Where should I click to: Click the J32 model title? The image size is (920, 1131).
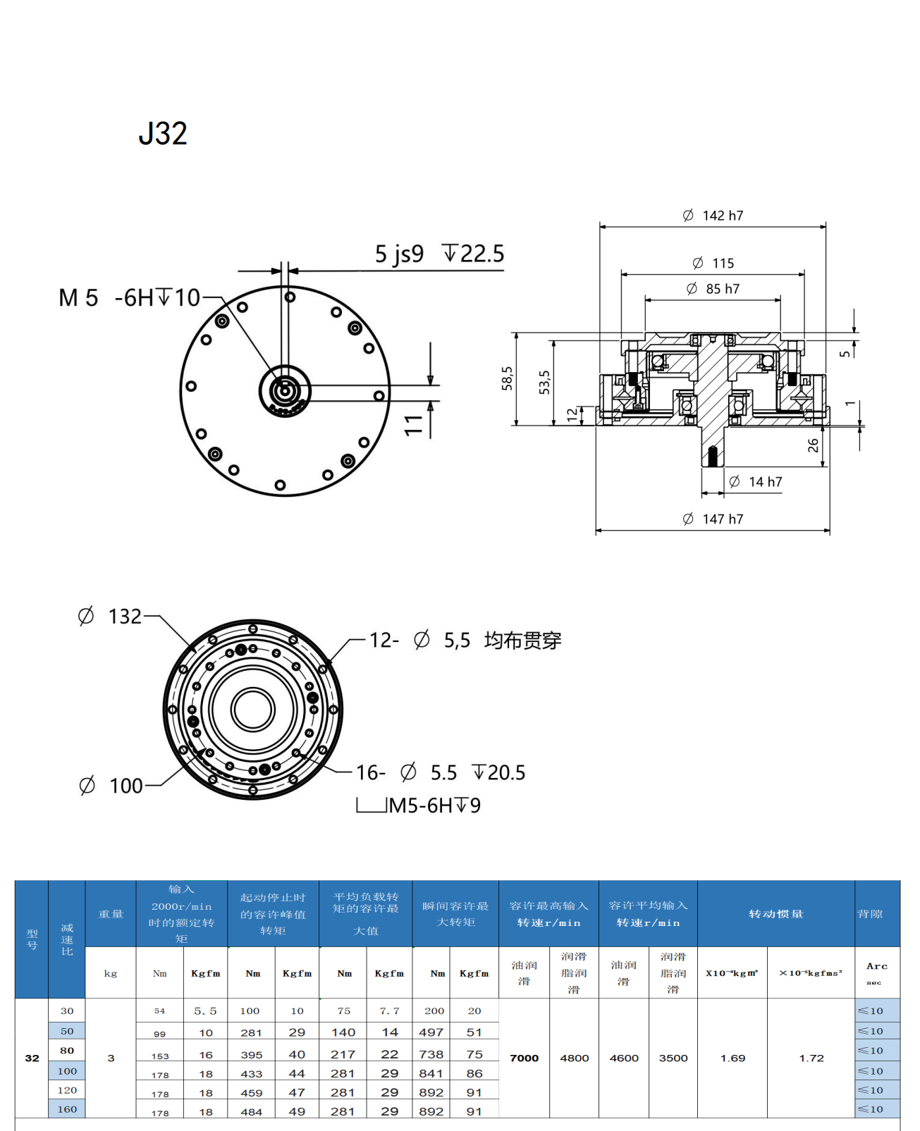pyautogui.click(x=163, y=133)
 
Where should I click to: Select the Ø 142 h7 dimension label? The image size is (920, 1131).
pyautogui.click(x=713, y=216)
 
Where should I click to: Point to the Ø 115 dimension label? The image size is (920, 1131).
pyautogui.click(x=713, y=263)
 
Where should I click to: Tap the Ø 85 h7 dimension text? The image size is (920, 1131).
pyautogui.click(x=713, y=289)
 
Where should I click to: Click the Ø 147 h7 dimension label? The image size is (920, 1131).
pyautogui.click(x=713, y=519)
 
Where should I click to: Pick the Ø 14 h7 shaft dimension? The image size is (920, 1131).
pyautogui.click(x=755, y=482)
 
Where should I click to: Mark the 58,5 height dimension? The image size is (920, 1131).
pyautogui.click(x=507, y=378)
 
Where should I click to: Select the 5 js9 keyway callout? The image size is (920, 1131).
pyautogui.click(x=399, y=254)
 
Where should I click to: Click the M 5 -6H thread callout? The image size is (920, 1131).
pyautogui.click(x=130, y=298)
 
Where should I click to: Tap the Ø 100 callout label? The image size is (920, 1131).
pyautogui.click(x=111, y=786)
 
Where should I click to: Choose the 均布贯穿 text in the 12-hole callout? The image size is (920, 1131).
pyautogui.click(x=522, y=641)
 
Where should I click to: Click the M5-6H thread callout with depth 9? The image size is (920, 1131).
pyautogui.click(x=434, y=805)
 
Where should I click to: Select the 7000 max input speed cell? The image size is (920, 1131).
pyautogui.click(x=524, y=1058)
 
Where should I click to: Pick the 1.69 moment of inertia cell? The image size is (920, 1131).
pyautogui.click(x=732, y=1058)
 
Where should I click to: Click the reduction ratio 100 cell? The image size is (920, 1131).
pyautogui.click(x=67, y=1071)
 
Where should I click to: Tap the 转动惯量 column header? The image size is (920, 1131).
pyautogui.click(x=775, y=914)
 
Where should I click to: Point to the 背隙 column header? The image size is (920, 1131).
pyautogui.click(x=870, y=914)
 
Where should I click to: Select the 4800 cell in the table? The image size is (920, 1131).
pyautogui.click(x=574, y=1058)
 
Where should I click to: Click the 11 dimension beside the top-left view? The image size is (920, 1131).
pyautogui.click(x=414, y=425)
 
